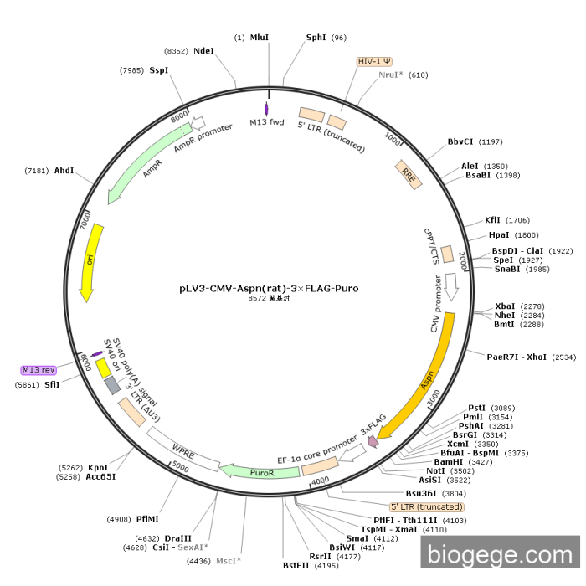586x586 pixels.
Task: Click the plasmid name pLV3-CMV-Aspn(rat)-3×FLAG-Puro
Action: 269,288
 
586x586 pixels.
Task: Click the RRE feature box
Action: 409,174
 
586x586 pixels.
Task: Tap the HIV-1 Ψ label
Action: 374,61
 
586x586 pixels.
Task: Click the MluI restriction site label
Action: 260,38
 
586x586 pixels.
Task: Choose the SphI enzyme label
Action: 316,38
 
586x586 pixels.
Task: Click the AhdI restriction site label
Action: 64,171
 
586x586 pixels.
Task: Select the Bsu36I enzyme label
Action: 423,493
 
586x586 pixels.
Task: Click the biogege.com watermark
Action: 500,554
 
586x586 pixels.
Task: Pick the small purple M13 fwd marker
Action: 267,109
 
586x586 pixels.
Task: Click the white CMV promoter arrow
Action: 450,286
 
